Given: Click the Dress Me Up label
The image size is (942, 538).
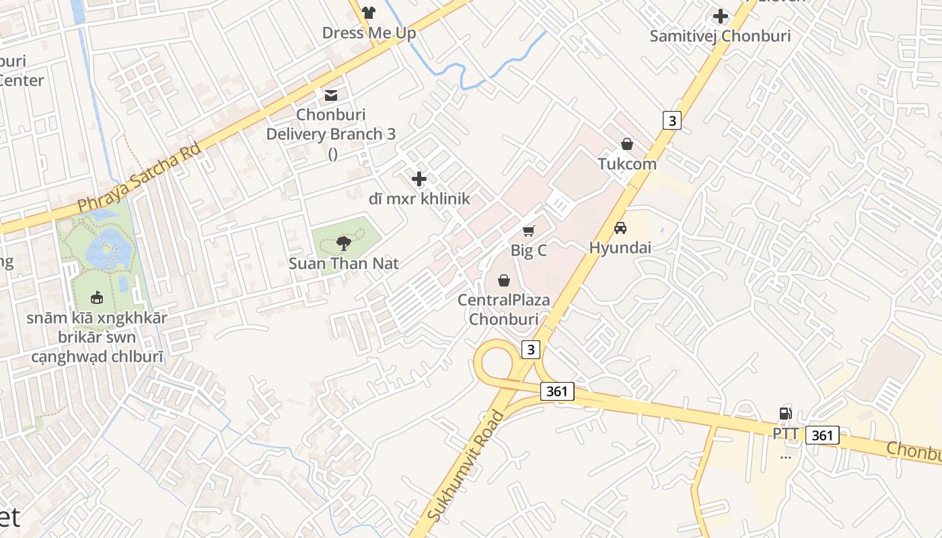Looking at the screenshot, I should click(369, 33).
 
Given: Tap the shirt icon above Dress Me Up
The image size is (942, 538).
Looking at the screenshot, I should click(369, 12).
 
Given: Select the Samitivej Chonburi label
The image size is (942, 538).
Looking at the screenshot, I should click(720, 36).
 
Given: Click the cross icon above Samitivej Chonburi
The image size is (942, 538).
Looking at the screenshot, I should click(721, 15).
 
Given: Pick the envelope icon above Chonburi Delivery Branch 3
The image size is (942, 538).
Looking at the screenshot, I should click(331, 95).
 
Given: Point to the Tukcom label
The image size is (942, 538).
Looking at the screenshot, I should click(627, 164).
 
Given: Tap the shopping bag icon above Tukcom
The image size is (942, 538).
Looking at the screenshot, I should click(627, 144).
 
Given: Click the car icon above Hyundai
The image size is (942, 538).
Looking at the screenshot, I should click(620, 227).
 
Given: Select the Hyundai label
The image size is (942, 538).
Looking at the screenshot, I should click(620, 247).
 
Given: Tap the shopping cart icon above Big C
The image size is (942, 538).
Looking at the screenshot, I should click(529, 231).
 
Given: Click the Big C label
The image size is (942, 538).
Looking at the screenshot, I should click(529, 251).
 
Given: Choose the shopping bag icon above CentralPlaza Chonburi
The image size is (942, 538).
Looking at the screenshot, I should click(504, 280).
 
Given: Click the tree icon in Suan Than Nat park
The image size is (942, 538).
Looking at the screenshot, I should click(344, 243).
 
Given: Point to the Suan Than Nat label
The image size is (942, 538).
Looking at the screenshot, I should click(344, 264).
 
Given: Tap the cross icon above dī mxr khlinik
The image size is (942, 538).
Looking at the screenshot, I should click(419, 179).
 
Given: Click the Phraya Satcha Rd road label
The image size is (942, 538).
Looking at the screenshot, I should click(139, 176).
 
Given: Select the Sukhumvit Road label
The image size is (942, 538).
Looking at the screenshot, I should click(465, 465).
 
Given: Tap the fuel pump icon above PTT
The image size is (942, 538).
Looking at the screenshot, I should click(785, 414).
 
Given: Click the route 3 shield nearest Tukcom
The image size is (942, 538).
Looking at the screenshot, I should click(672, 120).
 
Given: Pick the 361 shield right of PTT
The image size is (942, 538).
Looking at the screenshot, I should click(822, 435).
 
